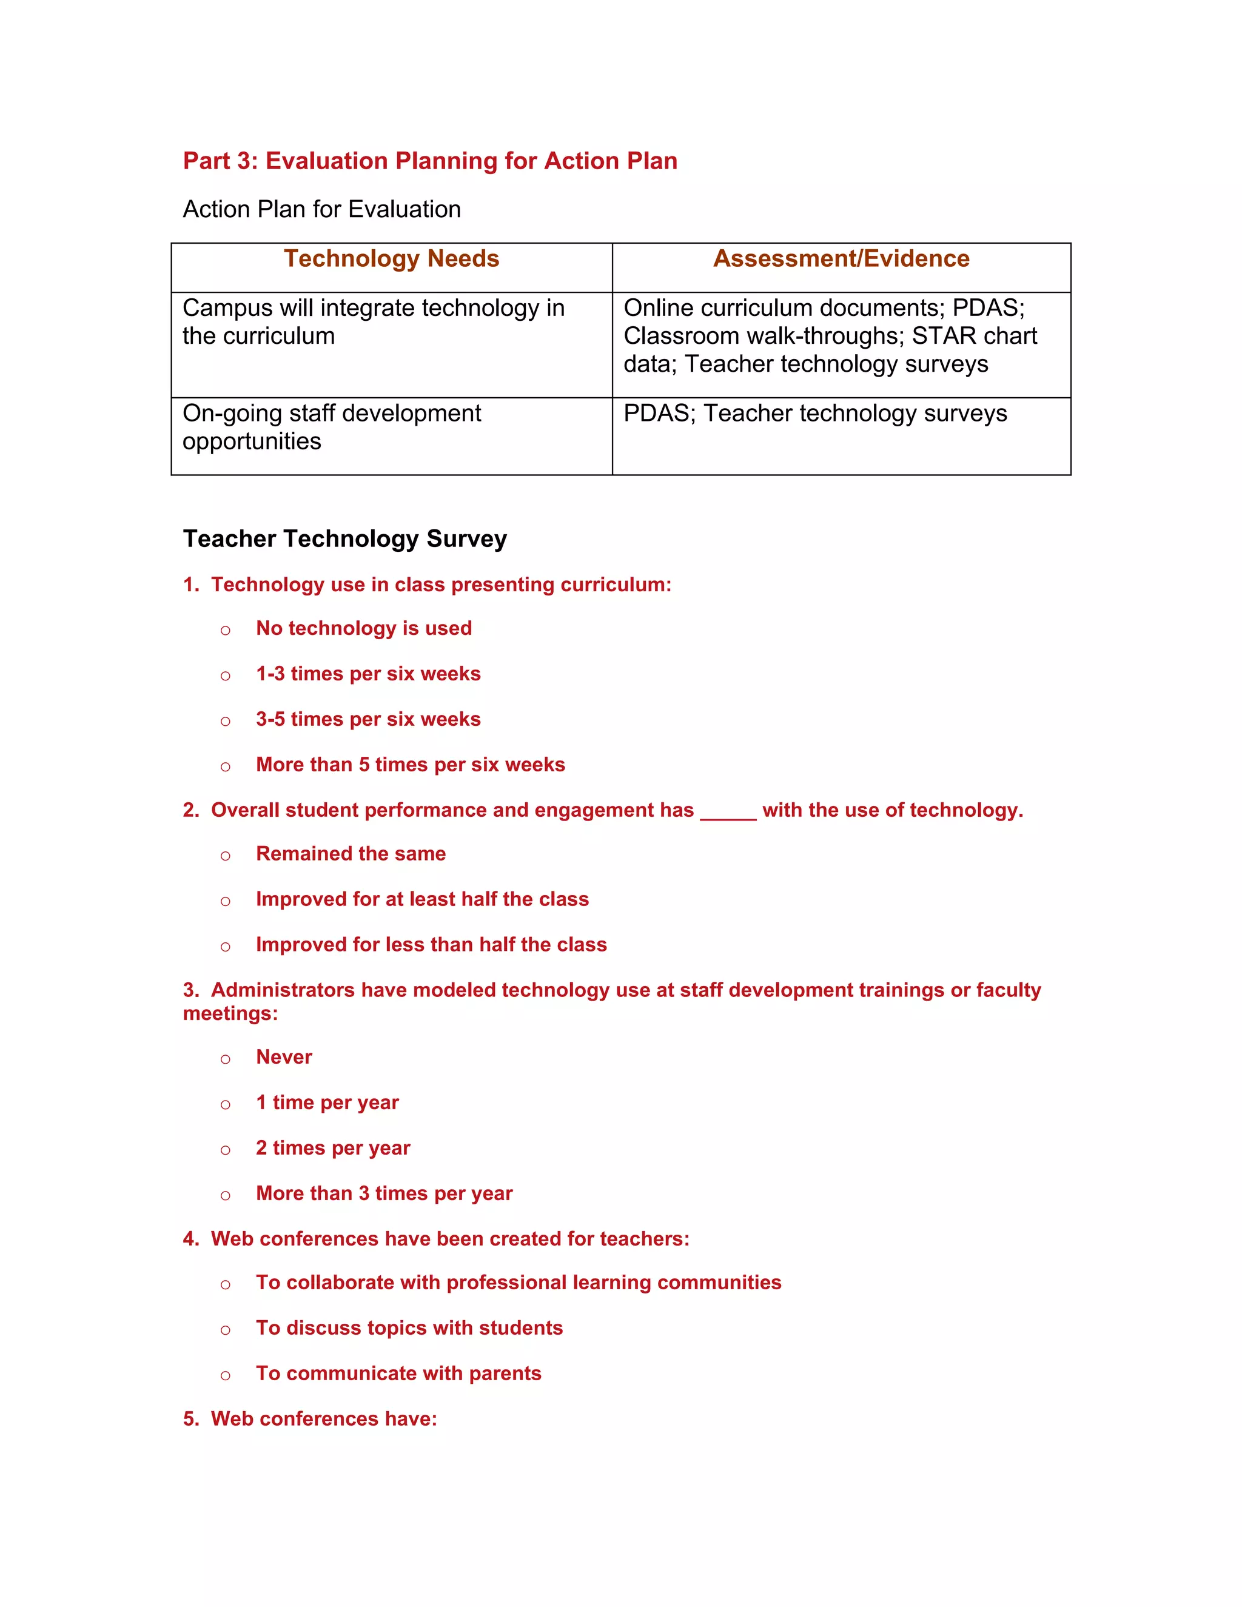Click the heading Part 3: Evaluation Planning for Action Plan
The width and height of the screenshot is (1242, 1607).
pyautogui.click(x=430, y=161)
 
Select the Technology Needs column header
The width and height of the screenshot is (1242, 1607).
pyautogui.click(x=391, y=259)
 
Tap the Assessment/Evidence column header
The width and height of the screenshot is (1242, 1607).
pyautogui.click(x=841, y=259)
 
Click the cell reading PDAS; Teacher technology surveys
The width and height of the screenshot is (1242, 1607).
pyautogui.click(x=814, y=414)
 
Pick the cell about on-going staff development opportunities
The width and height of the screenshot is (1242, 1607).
pyautogui.click(x=331, y=427)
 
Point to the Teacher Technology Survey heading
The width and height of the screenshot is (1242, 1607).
pyautogui.click(x=344, y=538)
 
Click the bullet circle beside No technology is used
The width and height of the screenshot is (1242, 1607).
pyautogui.click(x=225, y=631)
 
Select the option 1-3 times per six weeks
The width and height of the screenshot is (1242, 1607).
pyautogui.click(x=368, y=674)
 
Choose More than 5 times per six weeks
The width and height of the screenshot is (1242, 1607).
pyautogui.click(x=410, y=765)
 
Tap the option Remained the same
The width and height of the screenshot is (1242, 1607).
pyautogui.click(x=351, y=854)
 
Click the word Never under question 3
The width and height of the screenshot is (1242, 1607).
pyautogui.click(x=283, y=1058)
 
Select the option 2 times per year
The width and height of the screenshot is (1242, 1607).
pyautogui.click(x=332, y=1148)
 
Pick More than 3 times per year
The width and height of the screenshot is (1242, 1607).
pyautogui.click(x=383, y=1193)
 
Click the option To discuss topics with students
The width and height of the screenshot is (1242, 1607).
pyautogui.click(x=409, y=1328)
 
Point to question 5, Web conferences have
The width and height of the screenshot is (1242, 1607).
pyautogui.click(x=310, y=1418)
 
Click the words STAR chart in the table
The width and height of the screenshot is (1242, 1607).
pyautogui.click(x=974, y=337)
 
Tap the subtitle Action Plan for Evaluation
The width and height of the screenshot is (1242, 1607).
pyautogui.click(x=321, y=210)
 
